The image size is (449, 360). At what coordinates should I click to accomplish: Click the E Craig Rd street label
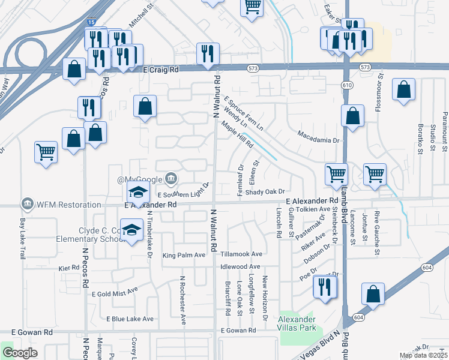point(162,70)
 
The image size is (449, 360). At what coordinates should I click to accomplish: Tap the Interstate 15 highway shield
point(91,22)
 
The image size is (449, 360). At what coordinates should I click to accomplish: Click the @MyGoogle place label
point(140,179)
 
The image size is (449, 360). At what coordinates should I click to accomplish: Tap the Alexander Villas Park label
point(295,323)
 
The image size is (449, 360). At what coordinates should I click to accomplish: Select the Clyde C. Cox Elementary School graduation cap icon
point(131,230)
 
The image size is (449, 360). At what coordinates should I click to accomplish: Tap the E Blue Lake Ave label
point(130,319)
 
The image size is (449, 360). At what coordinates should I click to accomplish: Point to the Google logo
point(20,353)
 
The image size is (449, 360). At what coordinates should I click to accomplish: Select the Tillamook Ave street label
point(241,254)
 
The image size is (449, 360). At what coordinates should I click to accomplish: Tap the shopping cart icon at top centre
point(252,7)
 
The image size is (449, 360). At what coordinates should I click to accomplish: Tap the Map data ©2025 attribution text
point(423,355)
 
